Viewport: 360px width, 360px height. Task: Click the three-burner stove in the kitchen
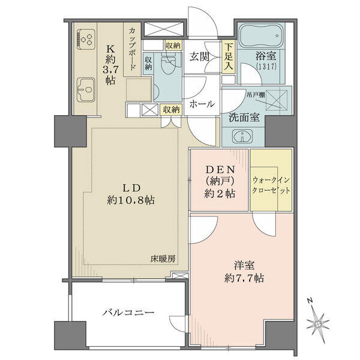[86, 39]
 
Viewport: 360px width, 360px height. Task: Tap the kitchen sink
[86, 89]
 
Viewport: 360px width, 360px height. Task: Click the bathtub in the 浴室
[261, 36]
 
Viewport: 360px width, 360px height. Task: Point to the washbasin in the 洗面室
[242, 136]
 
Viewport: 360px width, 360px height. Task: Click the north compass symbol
[318, 321]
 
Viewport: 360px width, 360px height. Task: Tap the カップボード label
[132, 49]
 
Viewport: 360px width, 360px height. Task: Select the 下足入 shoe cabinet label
[229, 57]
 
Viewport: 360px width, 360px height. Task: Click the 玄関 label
[199, 56]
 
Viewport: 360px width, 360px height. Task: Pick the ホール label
[202, 104]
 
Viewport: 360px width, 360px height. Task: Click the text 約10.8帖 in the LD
[131, 200]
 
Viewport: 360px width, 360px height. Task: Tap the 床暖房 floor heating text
[163, 259]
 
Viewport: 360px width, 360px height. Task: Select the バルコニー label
[128, 313]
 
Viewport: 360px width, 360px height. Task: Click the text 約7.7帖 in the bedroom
[244, 278]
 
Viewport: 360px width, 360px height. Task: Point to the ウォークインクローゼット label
[271, 185]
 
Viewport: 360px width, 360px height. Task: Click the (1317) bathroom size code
[266, 67]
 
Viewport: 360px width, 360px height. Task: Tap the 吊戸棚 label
[256, 95]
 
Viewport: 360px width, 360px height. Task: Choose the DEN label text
[220, 170]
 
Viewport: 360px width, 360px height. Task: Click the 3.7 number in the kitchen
[110, 69]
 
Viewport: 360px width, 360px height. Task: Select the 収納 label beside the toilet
[148, 63]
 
